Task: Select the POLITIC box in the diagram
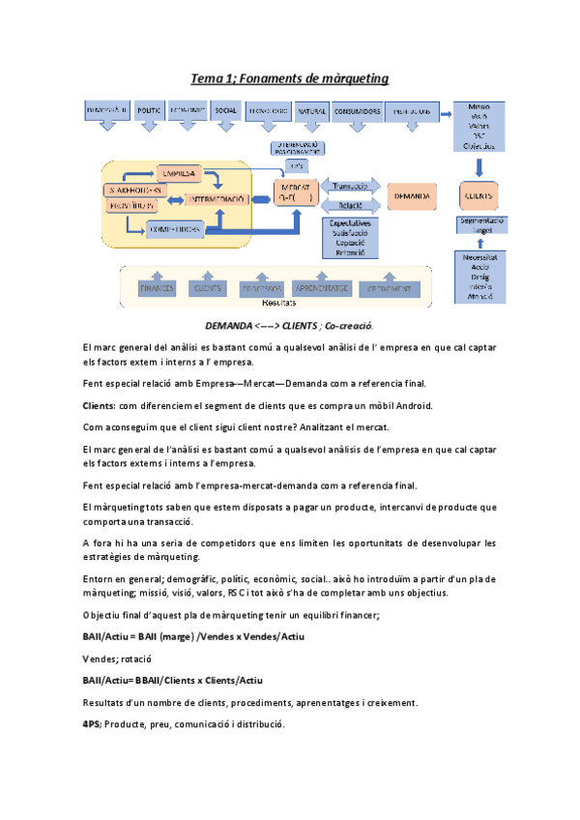pos(150,111)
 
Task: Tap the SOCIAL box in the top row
pos(226,111)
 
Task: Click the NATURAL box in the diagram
pos(311,111)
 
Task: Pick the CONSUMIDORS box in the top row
pos(357,111)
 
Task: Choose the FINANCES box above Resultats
pos(157,288)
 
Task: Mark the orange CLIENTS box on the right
pos(479,195)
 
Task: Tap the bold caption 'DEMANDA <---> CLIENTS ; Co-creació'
pos(289,326)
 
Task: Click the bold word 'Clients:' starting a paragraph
pos(100,406)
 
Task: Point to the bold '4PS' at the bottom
pos(94,724)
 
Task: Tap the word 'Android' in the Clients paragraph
pos(409,406)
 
